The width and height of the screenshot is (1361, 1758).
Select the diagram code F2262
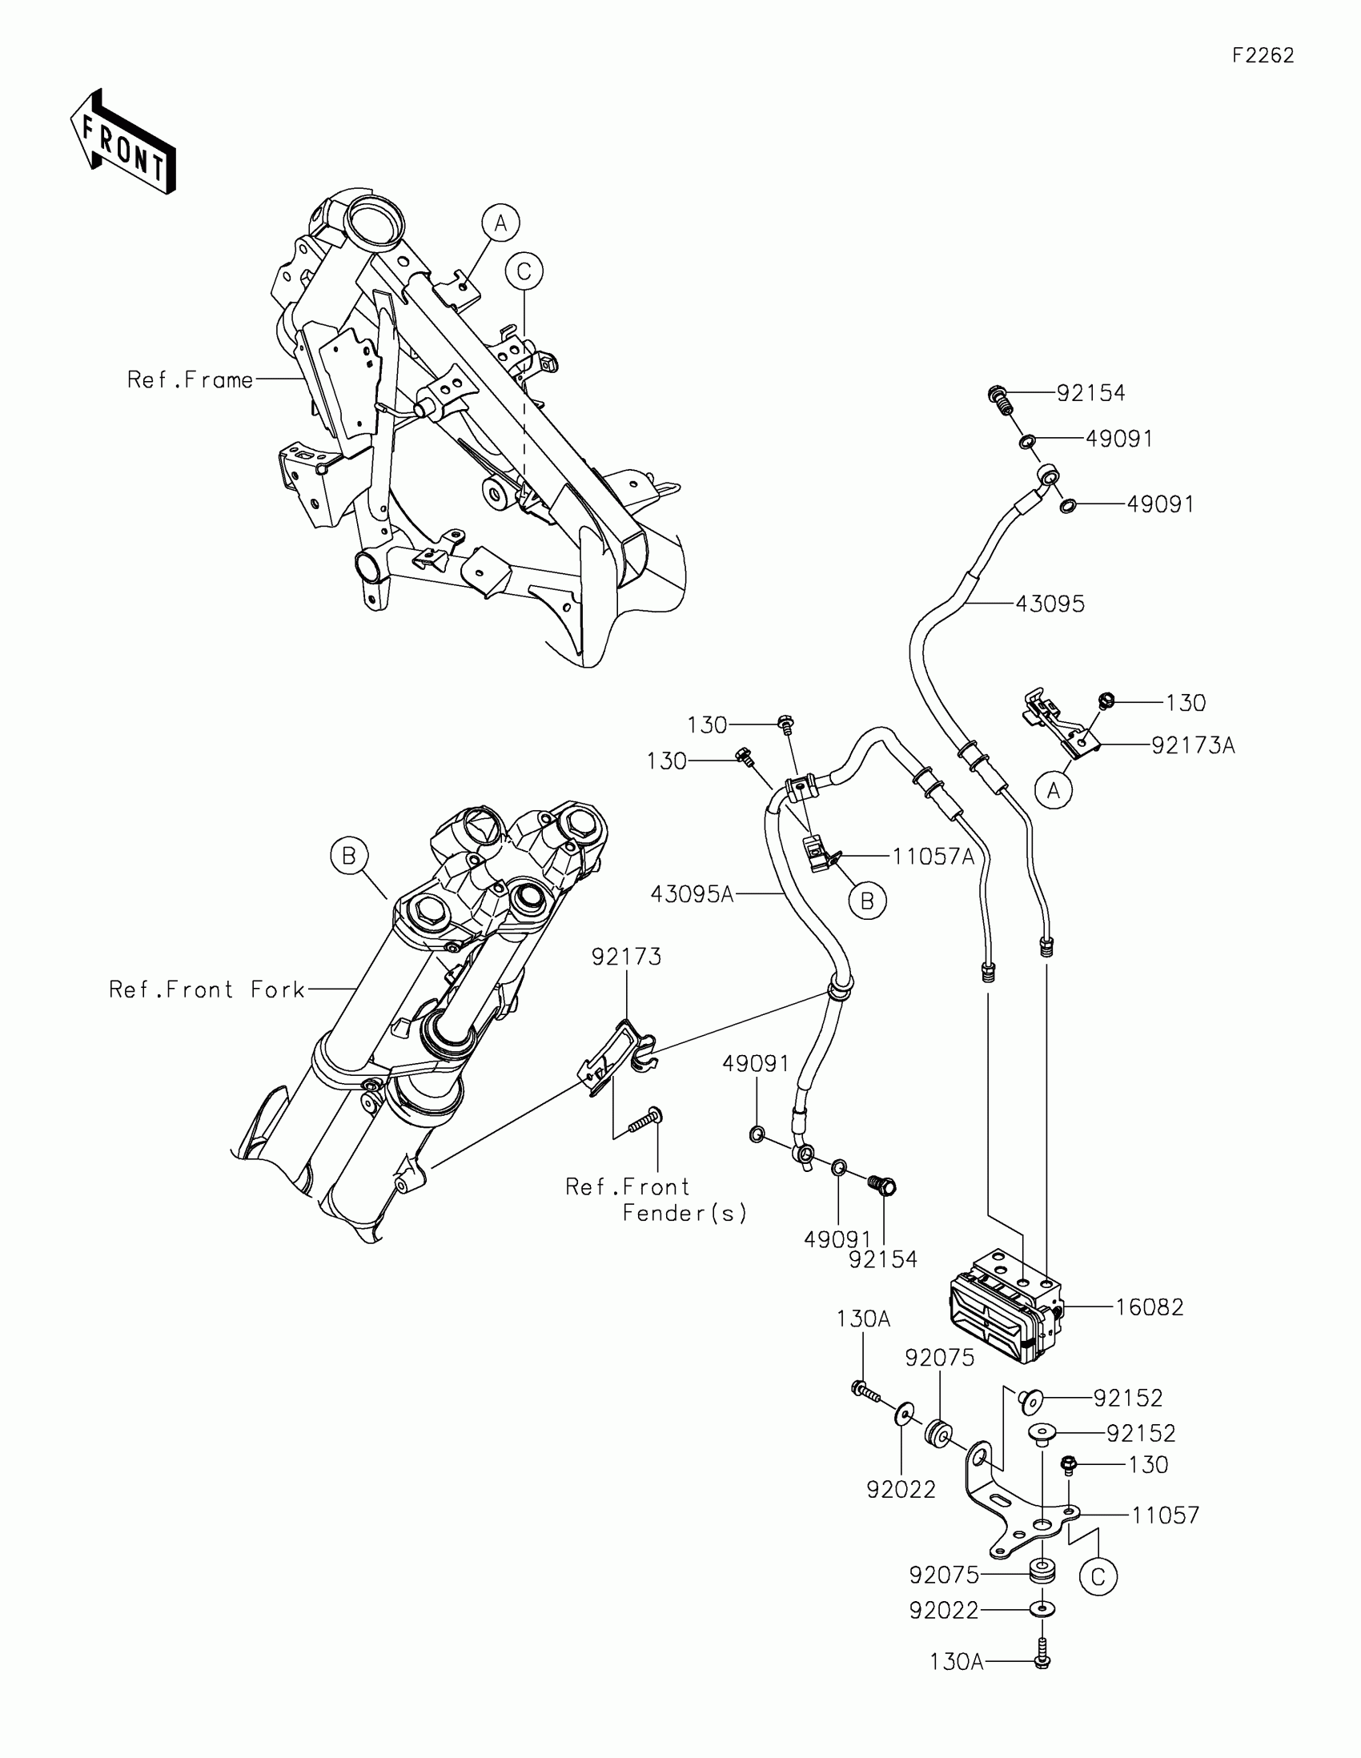pos(1263,55)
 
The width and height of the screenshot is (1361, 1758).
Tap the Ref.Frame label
pos(190,380)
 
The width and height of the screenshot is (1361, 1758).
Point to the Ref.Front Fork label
pos(207,989)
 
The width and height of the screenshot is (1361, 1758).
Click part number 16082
pos(1150,1307)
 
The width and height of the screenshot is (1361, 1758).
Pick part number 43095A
pos(693,893)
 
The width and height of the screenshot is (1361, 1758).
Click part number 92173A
pos(1193,746)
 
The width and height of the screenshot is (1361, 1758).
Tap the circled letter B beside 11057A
pos(867,901)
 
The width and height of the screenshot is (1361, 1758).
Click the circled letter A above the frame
pos(500,223)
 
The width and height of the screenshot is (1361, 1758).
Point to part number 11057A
pos(933,857)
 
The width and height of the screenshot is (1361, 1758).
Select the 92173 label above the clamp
pos(626,957)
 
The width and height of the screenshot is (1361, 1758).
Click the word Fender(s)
pos(685,1213)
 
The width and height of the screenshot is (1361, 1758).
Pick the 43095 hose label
pos(1050,604)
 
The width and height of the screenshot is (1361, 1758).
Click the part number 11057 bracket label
pos(1166,1515)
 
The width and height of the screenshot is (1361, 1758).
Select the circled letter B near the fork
pos(349,856)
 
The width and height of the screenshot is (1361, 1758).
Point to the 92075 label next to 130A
pos(939,1358)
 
